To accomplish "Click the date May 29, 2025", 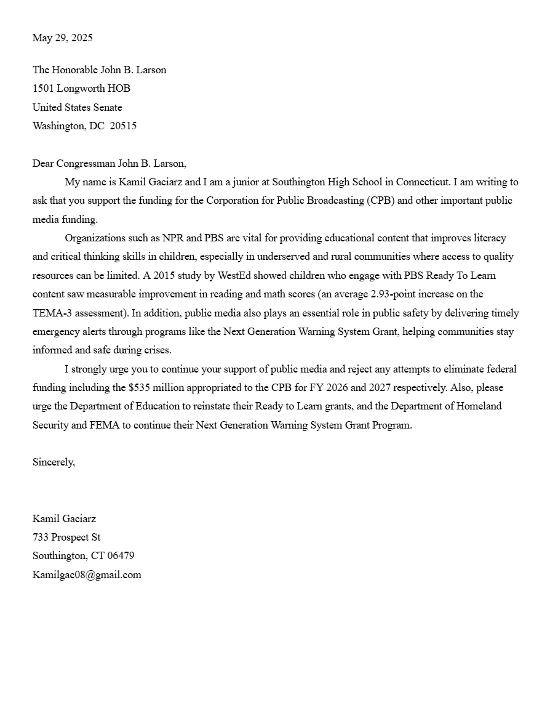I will point(63,38).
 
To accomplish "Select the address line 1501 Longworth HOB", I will point(81,89).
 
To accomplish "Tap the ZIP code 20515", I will point(123,126).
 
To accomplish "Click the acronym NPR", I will point(174,238).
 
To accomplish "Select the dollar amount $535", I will point(140,388).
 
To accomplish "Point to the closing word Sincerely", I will point(54,462).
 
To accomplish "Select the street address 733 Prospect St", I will point(66,538).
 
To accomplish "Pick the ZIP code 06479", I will point(121,556).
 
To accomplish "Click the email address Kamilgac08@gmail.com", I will point(87,575).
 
